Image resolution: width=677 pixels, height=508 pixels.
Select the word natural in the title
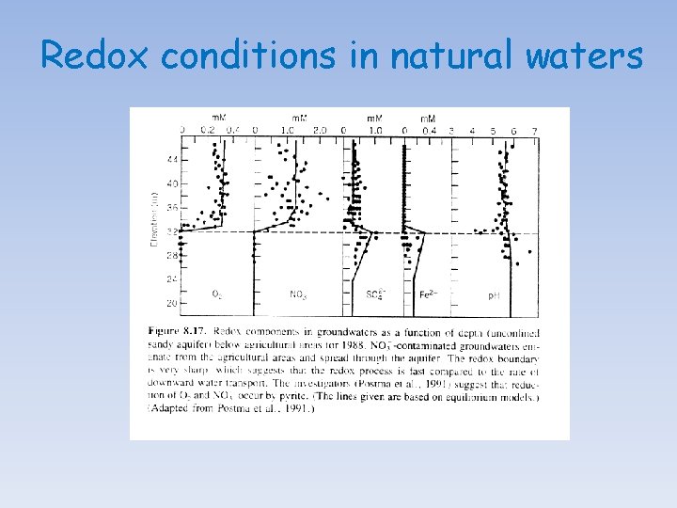(443, 56)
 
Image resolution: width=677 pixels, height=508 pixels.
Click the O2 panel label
(216, 294)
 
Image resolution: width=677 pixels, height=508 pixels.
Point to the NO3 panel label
(298, 295)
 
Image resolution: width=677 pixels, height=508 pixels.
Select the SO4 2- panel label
(375, 294)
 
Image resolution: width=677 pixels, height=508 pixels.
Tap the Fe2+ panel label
(429, 294)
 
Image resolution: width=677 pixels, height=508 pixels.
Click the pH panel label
(494, 295)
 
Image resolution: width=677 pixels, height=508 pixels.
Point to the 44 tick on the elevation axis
(171, 159)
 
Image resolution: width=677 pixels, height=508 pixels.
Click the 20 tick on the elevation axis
(171, 303)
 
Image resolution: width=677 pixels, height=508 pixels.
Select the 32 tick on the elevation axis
(171, 231)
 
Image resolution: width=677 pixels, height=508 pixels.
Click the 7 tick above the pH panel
(534, 131)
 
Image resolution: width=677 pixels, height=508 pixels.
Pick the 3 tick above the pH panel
(452, 131)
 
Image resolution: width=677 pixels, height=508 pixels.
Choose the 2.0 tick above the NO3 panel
(319, 131)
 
